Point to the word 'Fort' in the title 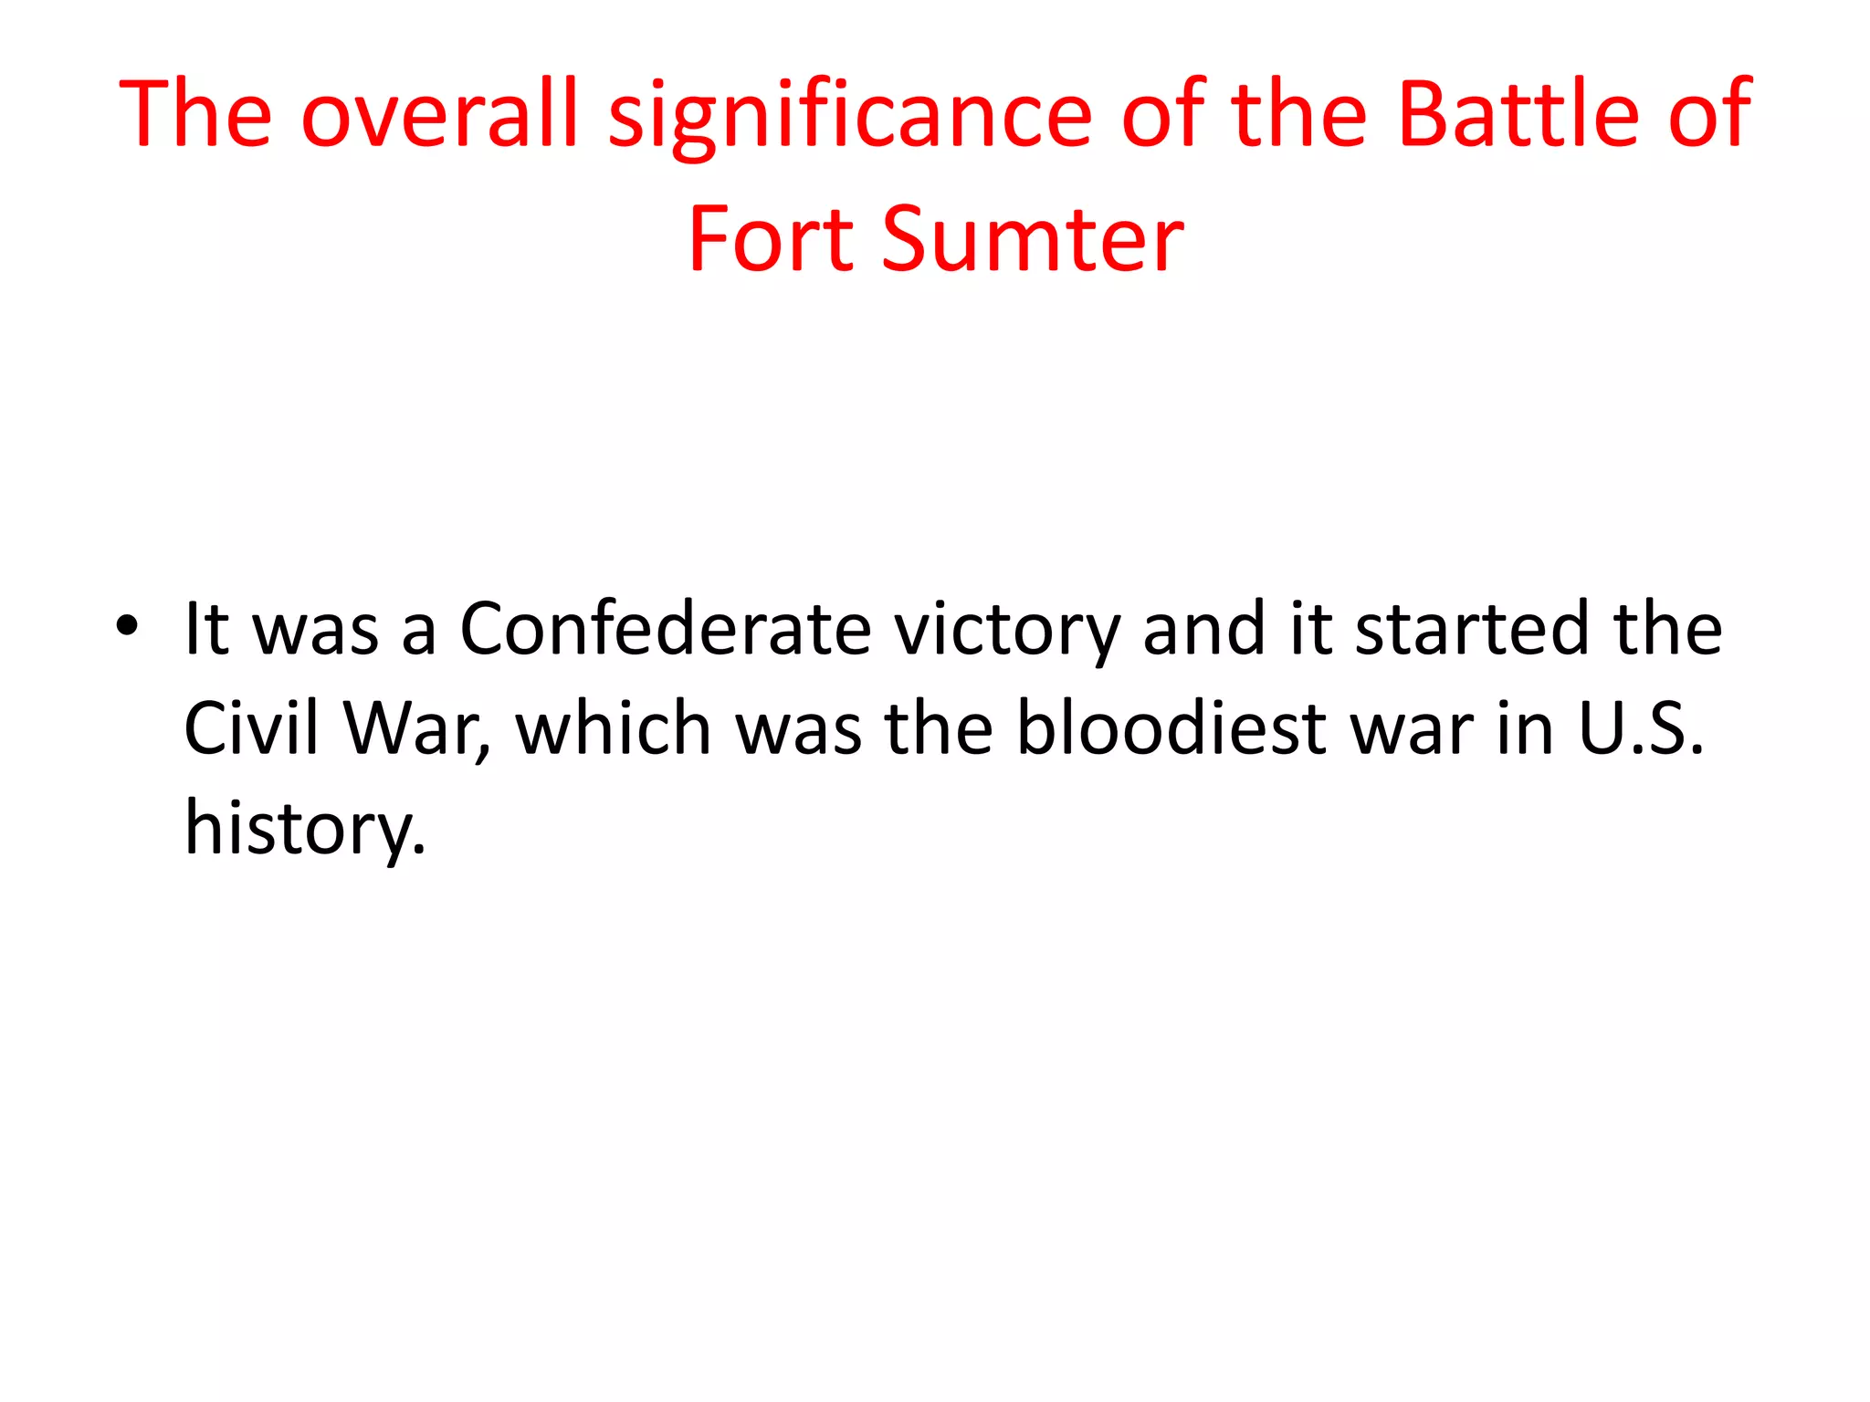pyautogui.click(x=771, y=239)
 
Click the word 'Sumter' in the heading pyautogui.click(x=1032, y=239)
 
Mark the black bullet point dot pyautogui.click(x=128, y=626)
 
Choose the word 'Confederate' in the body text pyautogui.click(x=665, y=630)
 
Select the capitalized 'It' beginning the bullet pyautogui.click(x=205, y=630)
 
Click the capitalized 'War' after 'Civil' pyautogui.click(x=416, y=728)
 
